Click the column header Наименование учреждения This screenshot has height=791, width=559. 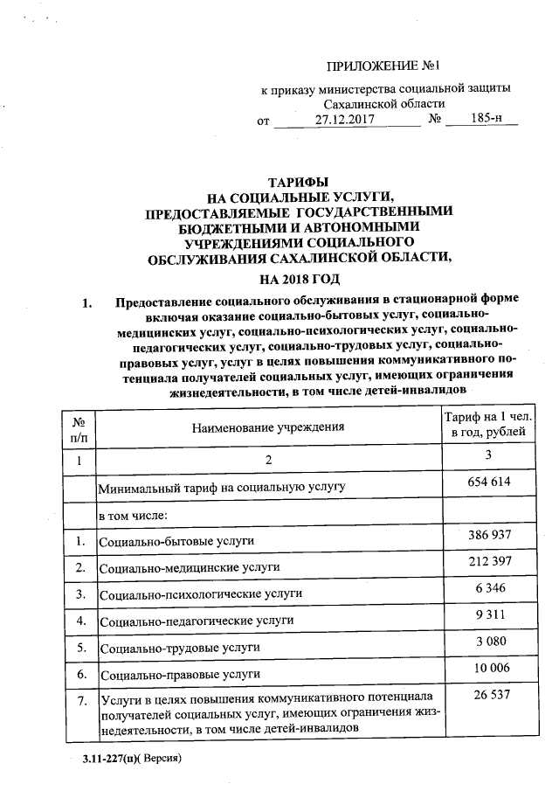coord(269,427)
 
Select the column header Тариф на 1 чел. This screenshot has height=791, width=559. coord(487,418)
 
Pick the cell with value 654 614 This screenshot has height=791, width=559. coord(488,482)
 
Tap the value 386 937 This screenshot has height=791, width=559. coord(488,535)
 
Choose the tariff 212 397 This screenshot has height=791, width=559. coord(488,561)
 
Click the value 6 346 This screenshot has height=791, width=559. coord(488,587)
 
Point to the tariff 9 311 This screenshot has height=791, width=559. coord(488,614)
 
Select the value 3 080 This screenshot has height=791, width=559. coord(488,642)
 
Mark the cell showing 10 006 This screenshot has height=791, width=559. coord(488,669)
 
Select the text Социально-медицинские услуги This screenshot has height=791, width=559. coord(190,568)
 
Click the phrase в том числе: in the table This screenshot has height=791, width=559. coord(138,515)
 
